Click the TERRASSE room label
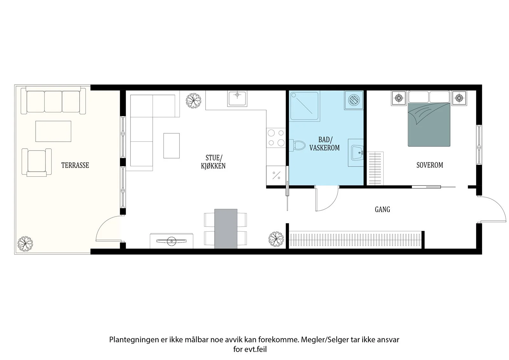tap(75, 165)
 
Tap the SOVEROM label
tap(430, 165)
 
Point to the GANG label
tap(382, 209)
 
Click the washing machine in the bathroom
tap(354, 100)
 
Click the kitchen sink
tap(237, 98)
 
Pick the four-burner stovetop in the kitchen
tap(276, 138)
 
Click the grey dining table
tap(226, 229)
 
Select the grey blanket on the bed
tap(429, 125)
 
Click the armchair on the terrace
tap(37, 162)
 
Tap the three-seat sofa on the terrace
tap(53, 101)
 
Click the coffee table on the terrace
tap(53, 131)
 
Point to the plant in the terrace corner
tap(25, 244)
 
